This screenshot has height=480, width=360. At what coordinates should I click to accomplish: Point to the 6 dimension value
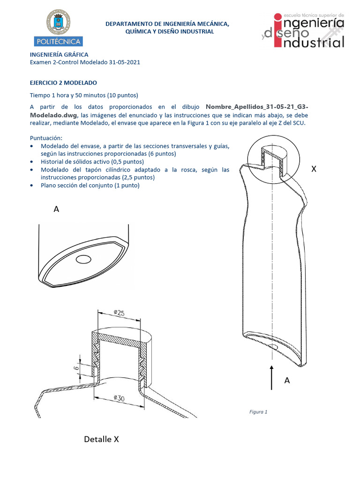click(75, 368)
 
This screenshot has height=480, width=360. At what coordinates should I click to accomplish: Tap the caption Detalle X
click(101, 439)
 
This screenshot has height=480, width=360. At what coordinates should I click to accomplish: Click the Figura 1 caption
click(258, 412)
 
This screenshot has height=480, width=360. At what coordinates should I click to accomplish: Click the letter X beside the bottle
click(314, 169)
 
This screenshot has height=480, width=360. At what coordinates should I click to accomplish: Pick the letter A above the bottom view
click(56, 210)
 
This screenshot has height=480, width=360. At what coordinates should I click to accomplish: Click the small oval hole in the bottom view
click(84, 259)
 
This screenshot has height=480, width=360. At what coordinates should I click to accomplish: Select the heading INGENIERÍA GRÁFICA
click(59, 55)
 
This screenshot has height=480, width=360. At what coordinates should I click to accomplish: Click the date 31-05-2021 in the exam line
click(123, 62)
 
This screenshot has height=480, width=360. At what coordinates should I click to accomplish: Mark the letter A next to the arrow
click(287, 381)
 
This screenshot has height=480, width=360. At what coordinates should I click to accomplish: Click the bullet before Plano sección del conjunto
click(31, 186)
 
